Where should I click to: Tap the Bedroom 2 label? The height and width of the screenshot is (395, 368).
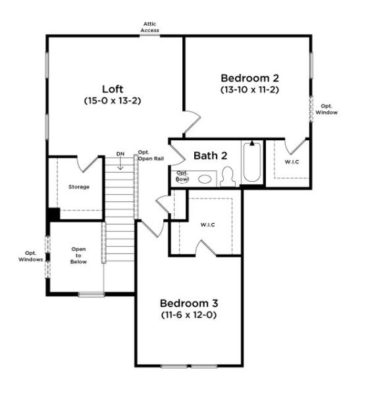point(250,77)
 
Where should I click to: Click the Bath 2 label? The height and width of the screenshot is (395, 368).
point(210,156)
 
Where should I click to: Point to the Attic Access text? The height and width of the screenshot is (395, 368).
point(151,27)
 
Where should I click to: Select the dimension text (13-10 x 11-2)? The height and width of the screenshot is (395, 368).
point(250,89)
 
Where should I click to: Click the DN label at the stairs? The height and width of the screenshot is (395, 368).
point(120,154)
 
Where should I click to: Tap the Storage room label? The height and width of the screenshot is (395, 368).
point(79,187)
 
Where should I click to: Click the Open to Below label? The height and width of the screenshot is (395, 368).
point(79,255)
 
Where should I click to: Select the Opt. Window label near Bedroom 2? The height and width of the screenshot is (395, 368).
point(327,109)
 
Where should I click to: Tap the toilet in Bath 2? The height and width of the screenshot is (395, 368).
point(228,176)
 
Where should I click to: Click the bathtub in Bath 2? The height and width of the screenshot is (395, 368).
point(251,163)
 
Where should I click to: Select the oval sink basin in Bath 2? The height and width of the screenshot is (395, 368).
point(205,178)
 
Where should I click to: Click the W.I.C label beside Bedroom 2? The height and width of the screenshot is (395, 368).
point(291,161)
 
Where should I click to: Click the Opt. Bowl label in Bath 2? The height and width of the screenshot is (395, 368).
point(182,175)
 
